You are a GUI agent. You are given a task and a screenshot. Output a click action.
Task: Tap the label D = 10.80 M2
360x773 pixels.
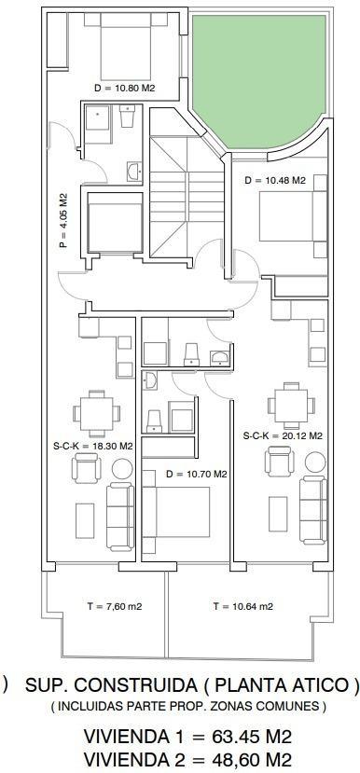click(x=125, y=89)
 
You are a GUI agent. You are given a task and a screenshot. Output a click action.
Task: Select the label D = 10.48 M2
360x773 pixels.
click(x=275, y=181)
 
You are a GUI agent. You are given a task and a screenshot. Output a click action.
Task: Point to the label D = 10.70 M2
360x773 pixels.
click(x=196, y=475)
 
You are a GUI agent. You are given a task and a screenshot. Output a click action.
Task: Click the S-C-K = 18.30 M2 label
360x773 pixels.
click(x=93, y=446)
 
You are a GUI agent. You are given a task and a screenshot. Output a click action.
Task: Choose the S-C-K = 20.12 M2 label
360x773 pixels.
click(x=283, y=435)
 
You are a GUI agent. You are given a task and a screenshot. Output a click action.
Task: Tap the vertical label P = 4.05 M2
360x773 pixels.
click(x=63, y=220)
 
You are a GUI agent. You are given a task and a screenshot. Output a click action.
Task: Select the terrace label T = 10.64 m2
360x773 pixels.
click(x=243, y=606)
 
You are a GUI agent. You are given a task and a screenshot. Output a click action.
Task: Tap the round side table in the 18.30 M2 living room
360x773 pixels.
click(x=122, y=468)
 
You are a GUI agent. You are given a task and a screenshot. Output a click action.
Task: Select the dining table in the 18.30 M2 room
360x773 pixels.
click(x=97, y=413)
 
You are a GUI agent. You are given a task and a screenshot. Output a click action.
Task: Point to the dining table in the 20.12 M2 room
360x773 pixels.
click(x=292, y=406)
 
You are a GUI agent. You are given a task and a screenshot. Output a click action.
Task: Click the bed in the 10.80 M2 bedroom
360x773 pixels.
click(x=125, y=47)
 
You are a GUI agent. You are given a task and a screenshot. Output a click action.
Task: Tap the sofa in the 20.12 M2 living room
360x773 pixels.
click(x=313, y=510)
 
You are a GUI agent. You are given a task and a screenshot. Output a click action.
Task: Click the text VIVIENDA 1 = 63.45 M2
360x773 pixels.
click(x=187, y=737)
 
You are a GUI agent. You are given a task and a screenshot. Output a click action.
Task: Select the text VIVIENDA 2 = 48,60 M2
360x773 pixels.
click(x=187, y=759)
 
